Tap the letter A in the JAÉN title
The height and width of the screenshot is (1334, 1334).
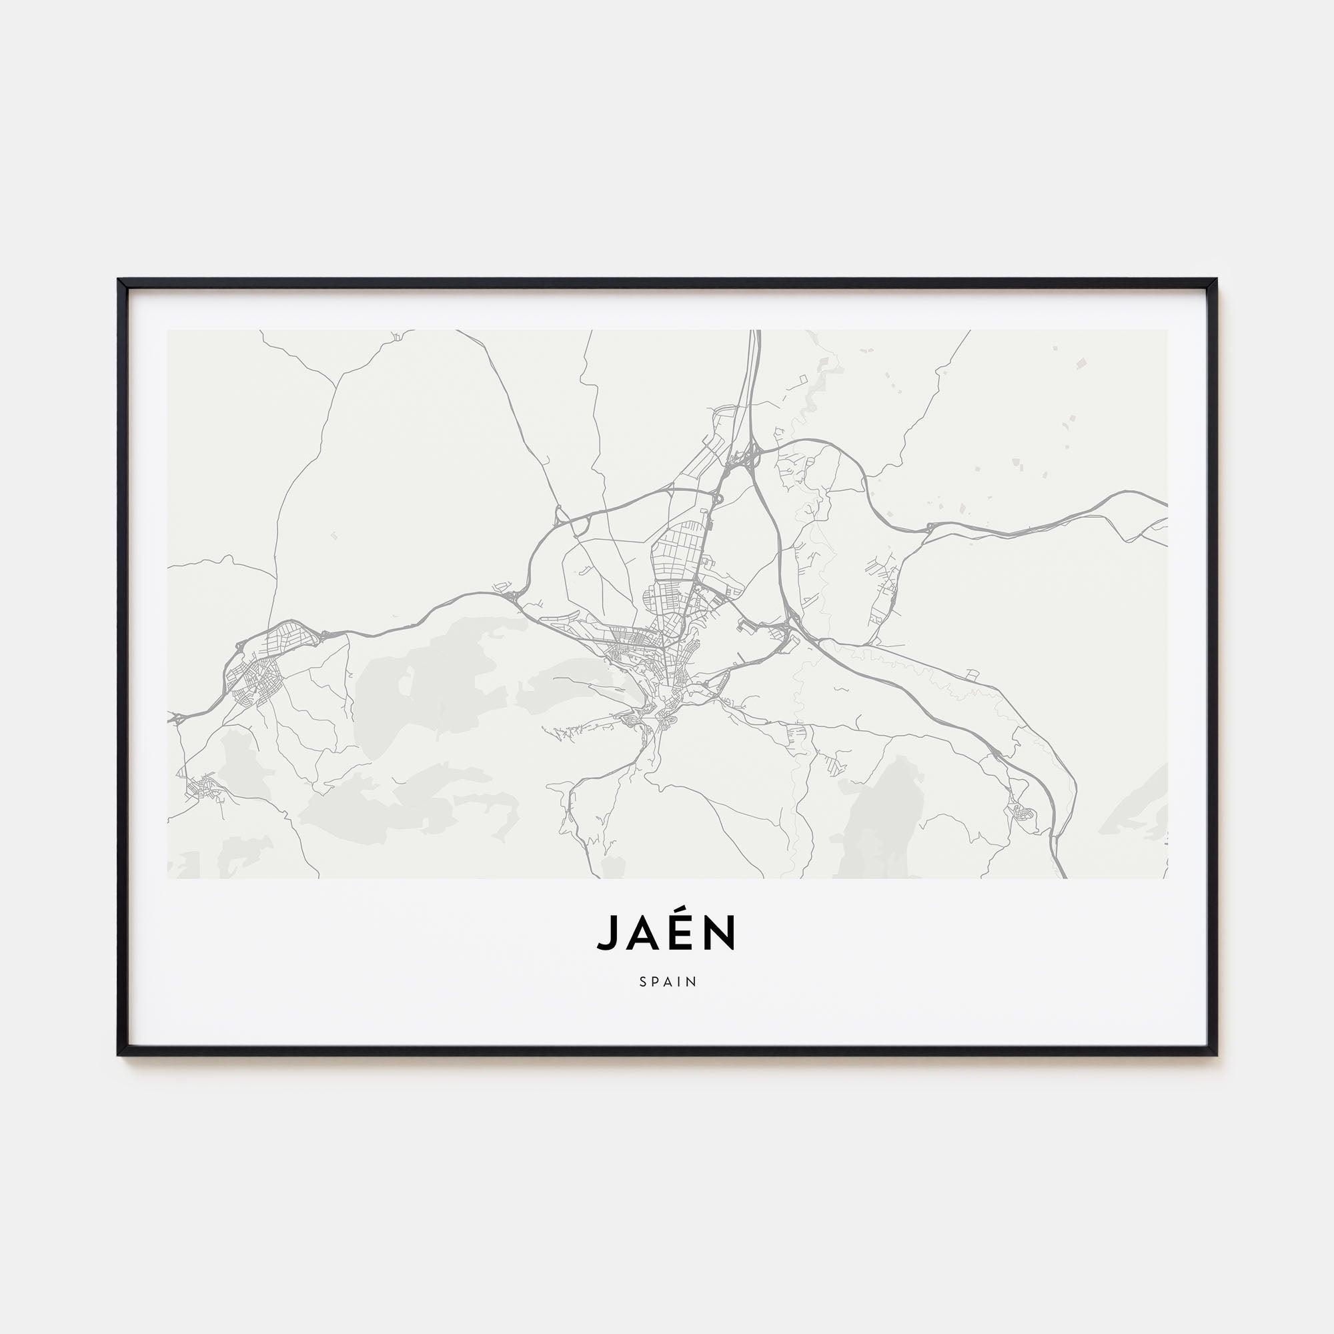tap(643, 934)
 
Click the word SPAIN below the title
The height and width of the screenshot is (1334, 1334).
tap(667, 981)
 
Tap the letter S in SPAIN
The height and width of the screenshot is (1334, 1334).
tap(643, 981)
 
